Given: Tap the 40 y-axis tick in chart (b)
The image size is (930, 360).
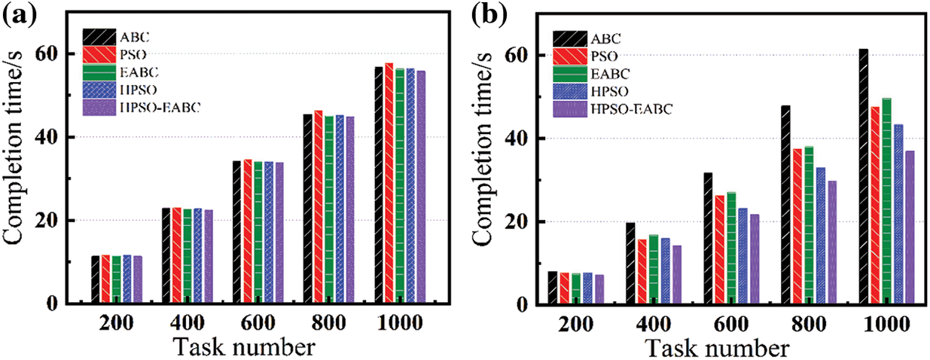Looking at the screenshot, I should (527, 139).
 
